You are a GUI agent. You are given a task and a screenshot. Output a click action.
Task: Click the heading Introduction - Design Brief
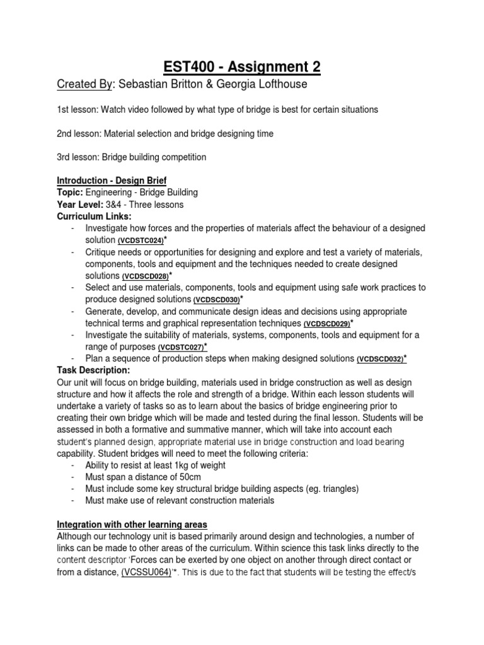click(112, 181)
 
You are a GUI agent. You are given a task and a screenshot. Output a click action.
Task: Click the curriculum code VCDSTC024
click(141, 241)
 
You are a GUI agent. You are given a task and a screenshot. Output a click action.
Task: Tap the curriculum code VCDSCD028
click(146, 277)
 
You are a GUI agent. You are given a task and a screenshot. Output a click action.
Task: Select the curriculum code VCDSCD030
click(217, 300)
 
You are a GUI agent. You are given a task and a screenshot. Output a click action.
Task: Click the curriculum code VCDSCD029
click(326, 324)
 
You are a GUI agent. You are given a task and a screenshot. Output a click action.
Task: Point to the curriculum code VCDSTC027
click(181, 347)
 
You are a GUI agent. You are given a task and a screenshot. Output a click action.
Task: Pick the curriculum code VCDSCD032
click(380, 359)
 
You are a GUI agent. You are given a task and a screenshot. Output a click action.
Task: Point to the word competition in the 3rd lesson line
click(180, 157)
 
